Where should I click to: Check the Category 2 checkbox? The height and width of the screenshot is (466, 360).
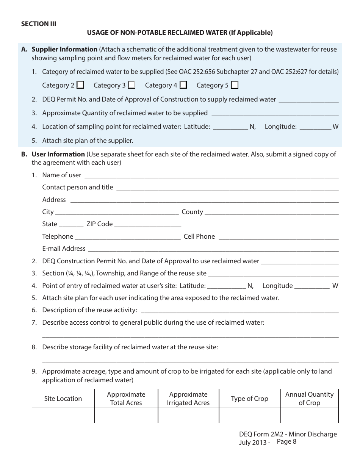pyautogui.click(x=80, y=85)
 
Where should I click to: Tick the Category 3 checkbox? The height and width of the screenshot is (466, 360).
pyautogui.click(x=131, y=85)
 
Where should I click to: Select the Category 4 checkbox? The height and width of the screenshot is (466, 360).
pyautogui.click(x=183, y=85)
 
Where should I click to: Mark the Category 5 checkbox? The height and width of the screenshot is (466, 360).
pyautogui.click(x=235, y=85)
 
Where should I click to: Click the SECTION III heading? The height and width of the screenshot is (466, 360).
pyautogui.click(x=39, y=24)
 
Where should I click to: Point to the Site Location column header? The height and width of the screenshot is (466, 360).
pyautogui.click(x=63, y=399)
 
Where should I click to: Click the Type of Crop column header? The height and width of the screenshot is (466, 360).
pyautogui.click(x=249, y=399)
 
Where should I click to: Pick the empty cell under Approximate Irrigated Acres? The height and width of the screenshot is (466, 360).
pyautogui.click(x=188, y=415)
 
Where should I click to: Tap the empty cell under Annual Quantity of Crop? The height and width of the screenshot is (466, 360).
pyautogui.click(x=309, y=415)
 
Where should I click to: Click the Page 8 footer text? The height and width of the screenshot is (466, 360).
pyautogui.click(x=286, y=441)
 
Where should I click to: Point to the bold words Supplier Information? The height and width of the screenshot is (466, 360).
pyautogui.click(x=64, y=49)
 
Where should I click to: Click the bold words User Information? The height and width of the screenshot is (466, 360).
pyautogui.click(x=58, y=154)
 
